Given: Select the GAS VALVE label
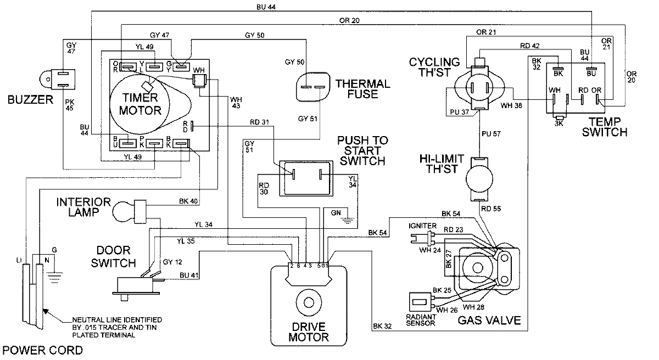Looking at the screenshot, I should pyautogui.click(x=489, y=320).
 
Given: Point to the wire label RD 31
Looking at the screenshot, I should pyautogui.click(x=259, y=122).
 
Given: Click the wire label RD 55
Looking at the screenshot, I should pyautogui.click(x=490, y=209).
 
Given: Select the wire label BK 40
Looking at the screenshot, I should pyautogui.click(x=188, y=200).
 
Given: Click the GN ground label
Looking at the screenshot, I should pyautogui.click(x=335, y=212).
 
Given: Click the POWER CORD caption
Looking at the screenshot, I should pyautogui.click(x=42, y=350).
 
